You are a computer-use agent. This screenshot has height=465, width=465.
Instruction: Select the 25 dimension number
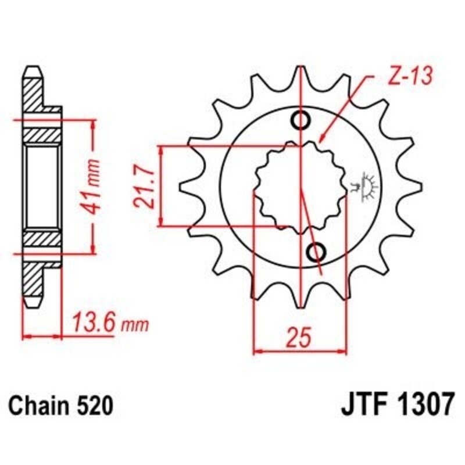pyautogui.click(x=299, y=338)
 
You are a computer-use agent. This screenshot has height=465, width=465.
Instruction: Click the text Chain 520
pyautogui.click(x=60, y=404)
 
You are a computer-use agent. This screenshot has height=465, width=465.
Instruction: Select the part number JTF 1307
pyautogui.click(x=394, y=404)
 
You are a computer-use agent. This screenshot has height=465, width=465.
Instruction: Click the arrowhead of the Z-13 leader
pyautogui.click(x=321, y=141)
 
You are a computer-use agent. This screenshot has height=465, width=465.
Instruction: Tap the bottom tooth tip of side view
pyautogui.click(x=33, y=303)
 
